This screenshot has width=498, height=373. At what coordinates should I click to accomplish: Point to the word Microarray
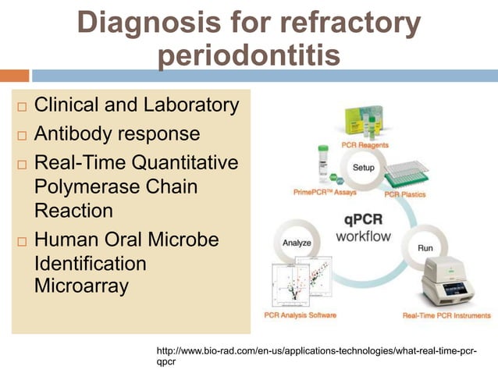(x=81, y=286)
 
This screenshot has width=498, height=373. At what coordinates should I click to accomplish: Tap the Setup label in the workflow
(x=363, y=167)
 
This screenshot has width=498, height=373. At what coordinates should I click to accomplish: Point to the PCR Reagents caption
(x=365, y=145)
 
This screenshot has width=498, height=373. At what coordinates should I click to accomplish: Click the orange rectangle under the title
(x=15, y=76)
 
